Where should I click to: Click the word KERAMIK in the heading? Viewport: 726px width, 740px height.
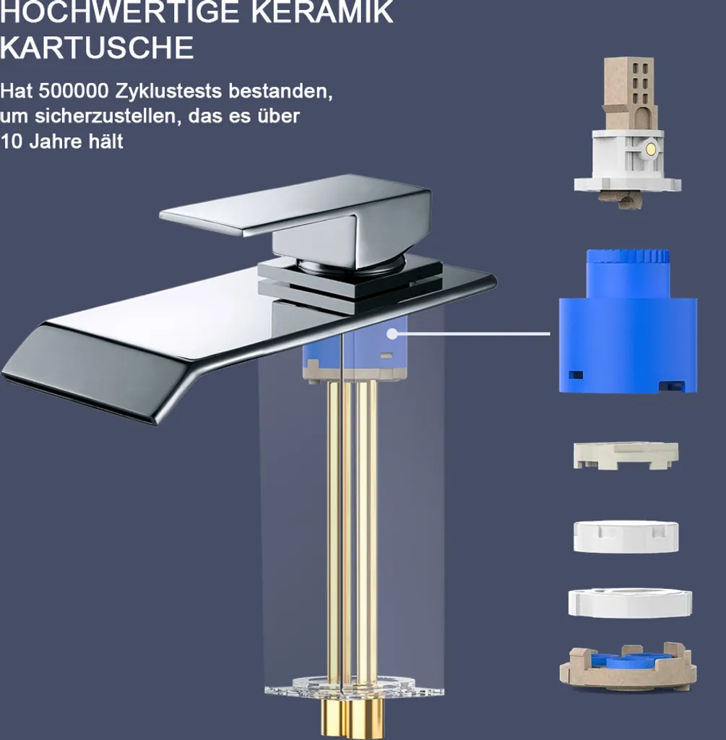point(322,12)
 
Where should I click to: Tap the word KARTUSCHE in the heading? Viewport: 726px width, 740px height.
point(97,47)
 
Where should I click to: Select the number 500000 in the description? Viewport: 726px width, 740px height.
point(74,90)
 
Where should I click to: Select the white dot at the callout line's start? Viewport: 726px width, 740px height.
point(392,334)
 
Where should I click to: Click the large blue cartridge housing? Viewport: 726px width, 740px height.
point(628,330)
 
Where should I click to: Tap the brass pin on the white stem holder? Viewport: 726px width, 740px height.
point(651,149)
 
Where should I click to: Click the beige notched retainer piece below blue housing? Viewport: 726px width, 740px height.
point(626,455)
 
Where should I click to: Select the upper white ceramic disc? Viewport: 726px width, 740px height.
point(626,536)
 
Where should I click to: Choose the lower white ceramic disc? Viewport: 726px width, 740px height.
point(630,603)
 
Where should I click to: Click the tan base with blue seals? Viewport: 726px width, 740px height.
point(628,667)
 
